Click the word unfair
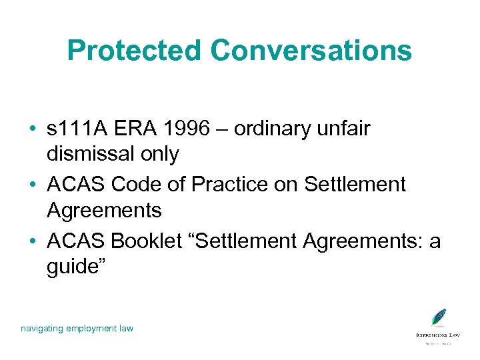tap(346, 129)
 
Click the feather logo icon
tap(438, 318)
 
